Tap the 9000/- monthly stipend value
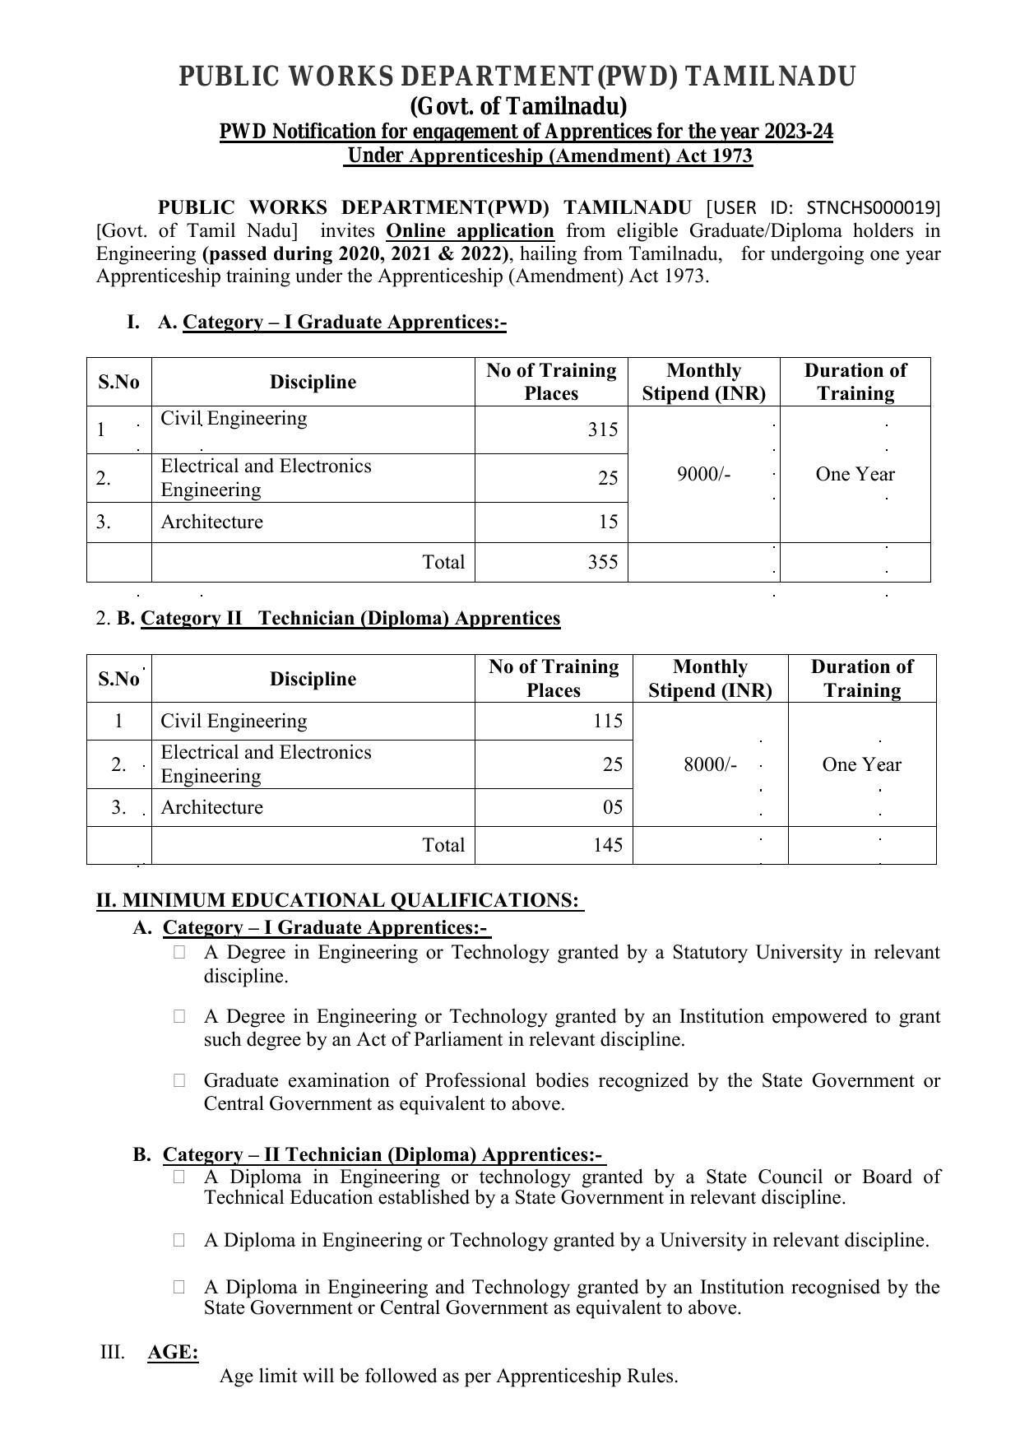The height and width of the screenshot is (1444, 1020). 703,474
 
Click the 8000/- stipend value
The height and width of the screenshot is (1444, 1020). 710,764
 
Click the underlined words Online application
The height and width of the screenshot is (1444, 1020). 470,230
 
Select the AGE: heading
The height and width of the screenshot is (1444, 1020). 173,1353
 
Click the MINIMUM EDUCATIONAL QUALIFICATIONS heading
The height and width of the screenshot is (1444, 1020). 350,900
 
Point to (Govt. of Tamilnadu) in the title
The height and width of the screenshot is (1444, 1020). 518,107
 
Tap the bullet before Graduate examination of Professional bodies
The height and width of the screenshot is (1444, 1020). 179,1080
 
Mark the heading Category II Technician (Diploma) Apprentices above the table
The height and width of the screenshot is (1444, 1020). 350,618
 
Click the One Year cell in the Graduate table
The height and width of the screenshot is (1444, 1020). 855,474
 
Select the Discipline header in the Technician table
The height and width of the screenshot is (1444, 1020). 313,679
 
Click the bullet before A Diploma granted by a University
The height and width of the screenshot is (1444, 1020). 179,1239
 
